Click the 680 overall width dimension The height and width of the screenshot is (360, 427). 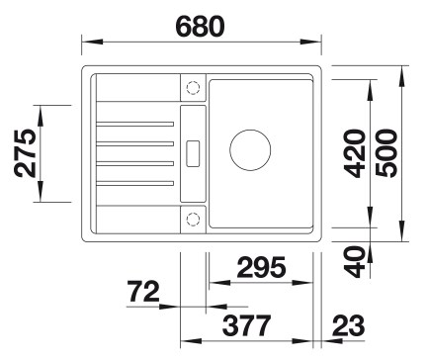(201, 26)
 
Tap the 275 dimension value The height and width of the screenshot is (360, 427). (25, 153)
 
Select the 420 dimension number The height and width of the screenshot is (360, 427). (355, 153)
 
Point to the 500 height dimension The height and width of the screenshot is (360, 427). (386, 153)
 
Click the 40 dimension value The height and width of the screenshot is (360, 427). (355, 262)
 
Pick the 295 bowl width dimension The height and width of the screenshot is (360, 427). (261, 267)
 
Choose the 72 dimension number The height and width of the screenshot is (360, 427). (144, 292)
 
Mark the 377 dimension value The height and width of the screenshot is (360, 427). (247, 325)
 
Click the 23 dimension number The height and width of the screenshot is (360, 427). (349, 325)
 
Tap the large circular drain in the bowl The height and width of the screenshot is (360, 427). (250, 150)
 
